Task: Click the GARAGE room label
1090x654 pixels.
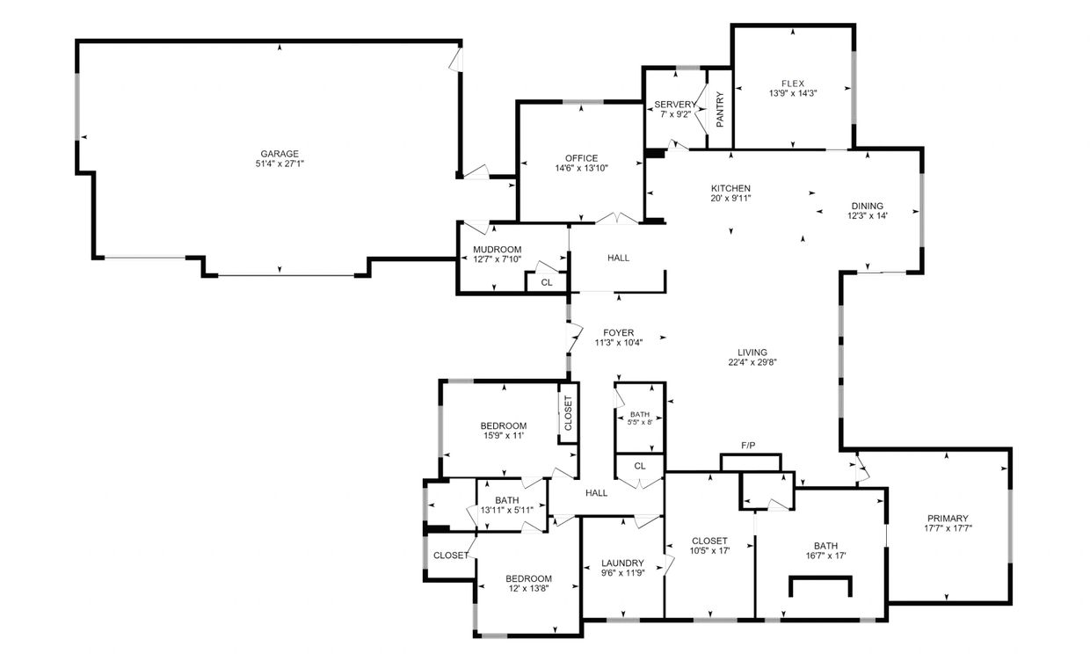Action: [280, 154]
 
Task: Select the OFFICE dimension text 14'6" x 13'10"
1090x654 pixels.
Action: [582, 169]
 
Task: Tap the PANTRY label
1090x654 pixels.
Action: [720, 110]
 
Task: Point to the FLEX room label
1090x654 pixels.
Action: [793, 84]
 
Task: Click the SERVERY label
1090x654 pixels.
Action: [675, 105]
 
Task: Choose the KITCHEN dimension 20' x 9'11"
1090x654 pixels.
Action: [730, 199]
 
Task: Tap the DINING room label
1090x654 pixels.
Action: [867, 206]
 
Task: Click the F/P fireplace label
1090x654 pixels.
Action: [748, 446]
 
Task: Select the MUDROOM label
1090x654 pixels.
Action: [498, 250]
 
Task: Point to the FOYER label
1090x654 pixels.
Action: [619, 333]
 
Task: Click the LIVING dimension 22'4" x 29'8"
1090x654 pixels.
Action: [752, 362]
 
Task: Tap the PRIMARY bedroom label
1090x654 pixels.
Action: [948, 519]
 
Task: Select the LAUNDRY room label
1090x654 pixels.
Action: [623, 563]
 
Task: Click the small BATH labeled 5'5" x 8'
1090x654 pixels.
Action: [640, 418]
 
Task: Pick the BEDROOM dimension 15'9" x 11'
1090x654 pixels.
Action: [504, 435]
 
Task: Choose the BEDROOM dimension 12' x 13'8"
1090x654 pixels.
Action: [528, 588]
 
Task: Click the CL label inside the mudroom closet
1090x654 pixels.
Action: [547, 283]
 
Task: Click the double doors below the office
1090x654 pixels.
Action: [617, 219]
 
